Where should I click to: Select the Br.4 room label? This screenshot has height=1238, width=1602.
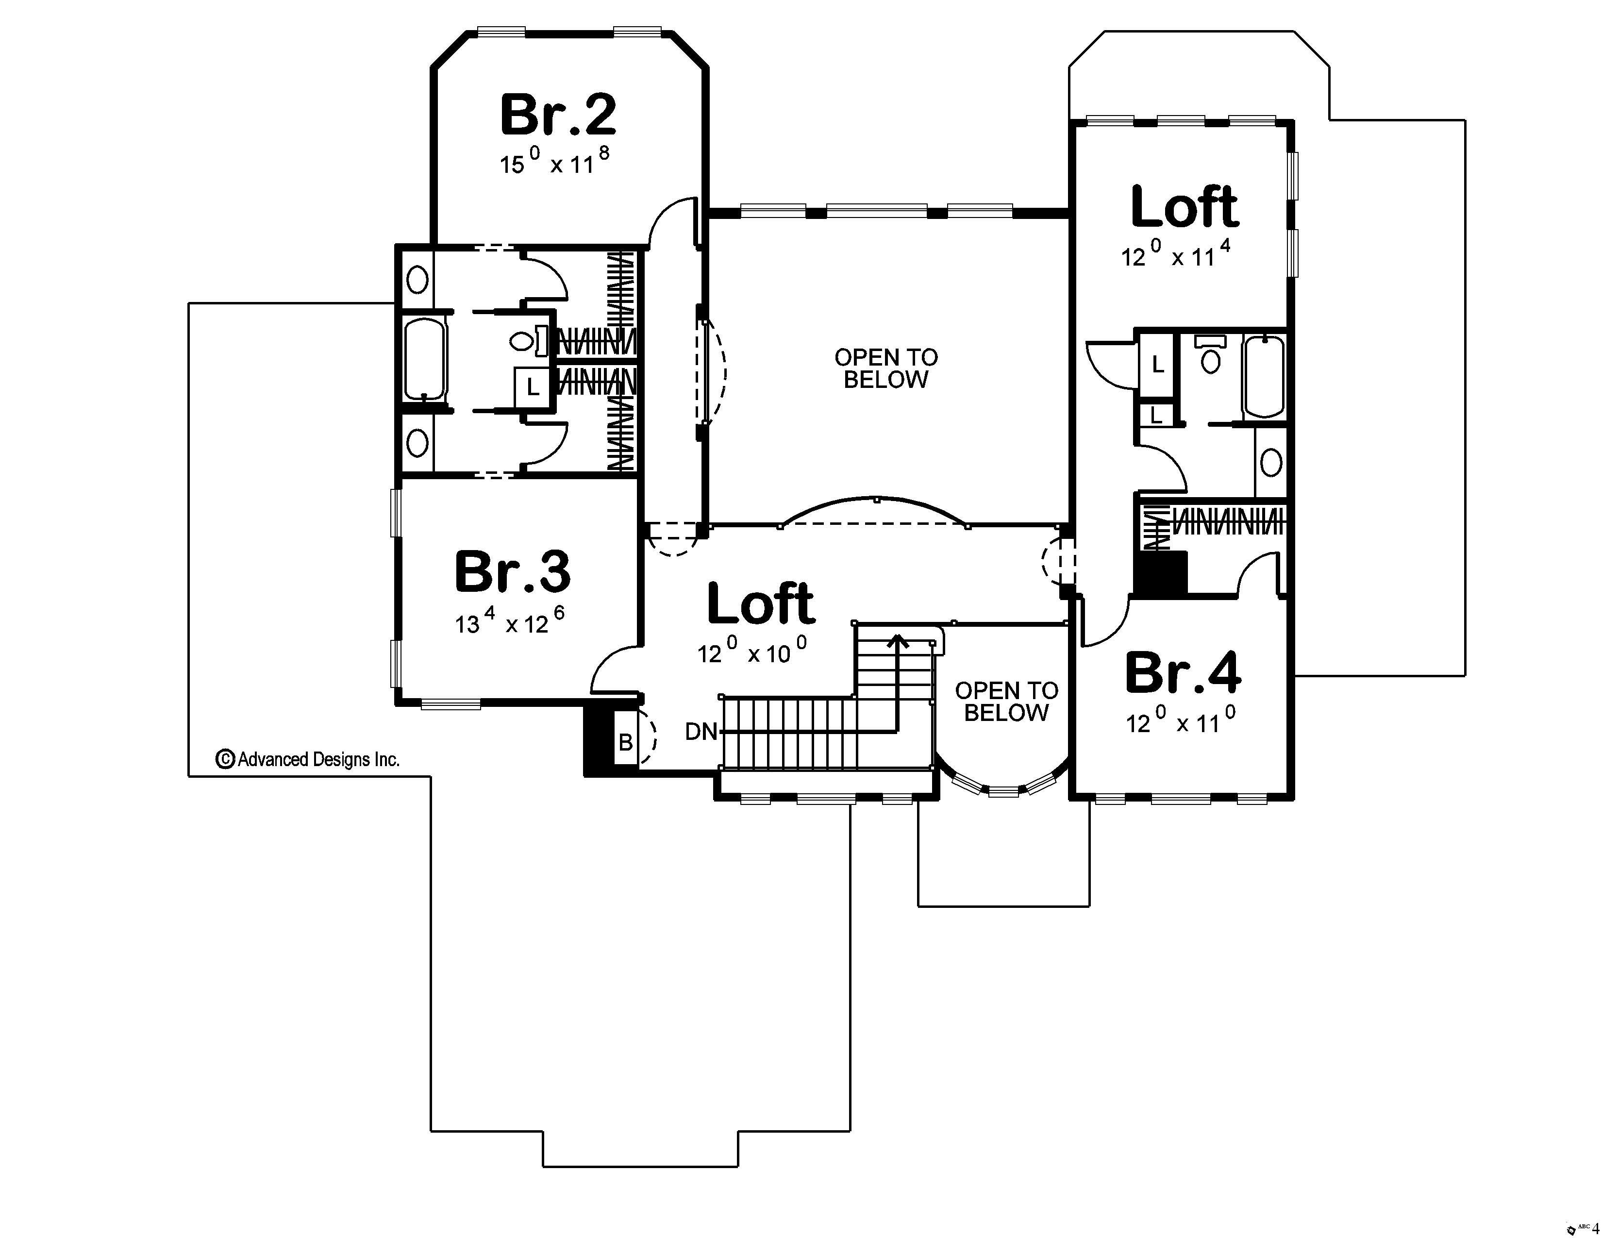point(1183,672)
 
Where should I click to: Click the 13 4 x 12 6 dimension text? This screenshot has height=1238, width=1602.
point(510,622)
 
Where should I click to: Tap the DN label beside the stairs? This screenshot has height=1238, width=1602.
point(701,731)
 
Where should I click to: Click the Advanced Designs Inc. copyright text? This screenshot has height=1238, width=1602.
point(308,759)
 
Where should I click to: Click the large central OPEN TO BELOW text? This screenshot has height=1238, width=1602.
point(886,368)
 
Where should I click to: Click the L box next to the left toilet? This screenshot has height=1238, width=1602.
point(533,386)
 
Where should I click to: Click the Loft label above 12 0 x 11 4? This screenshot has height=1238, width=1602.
point(1185,208)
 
